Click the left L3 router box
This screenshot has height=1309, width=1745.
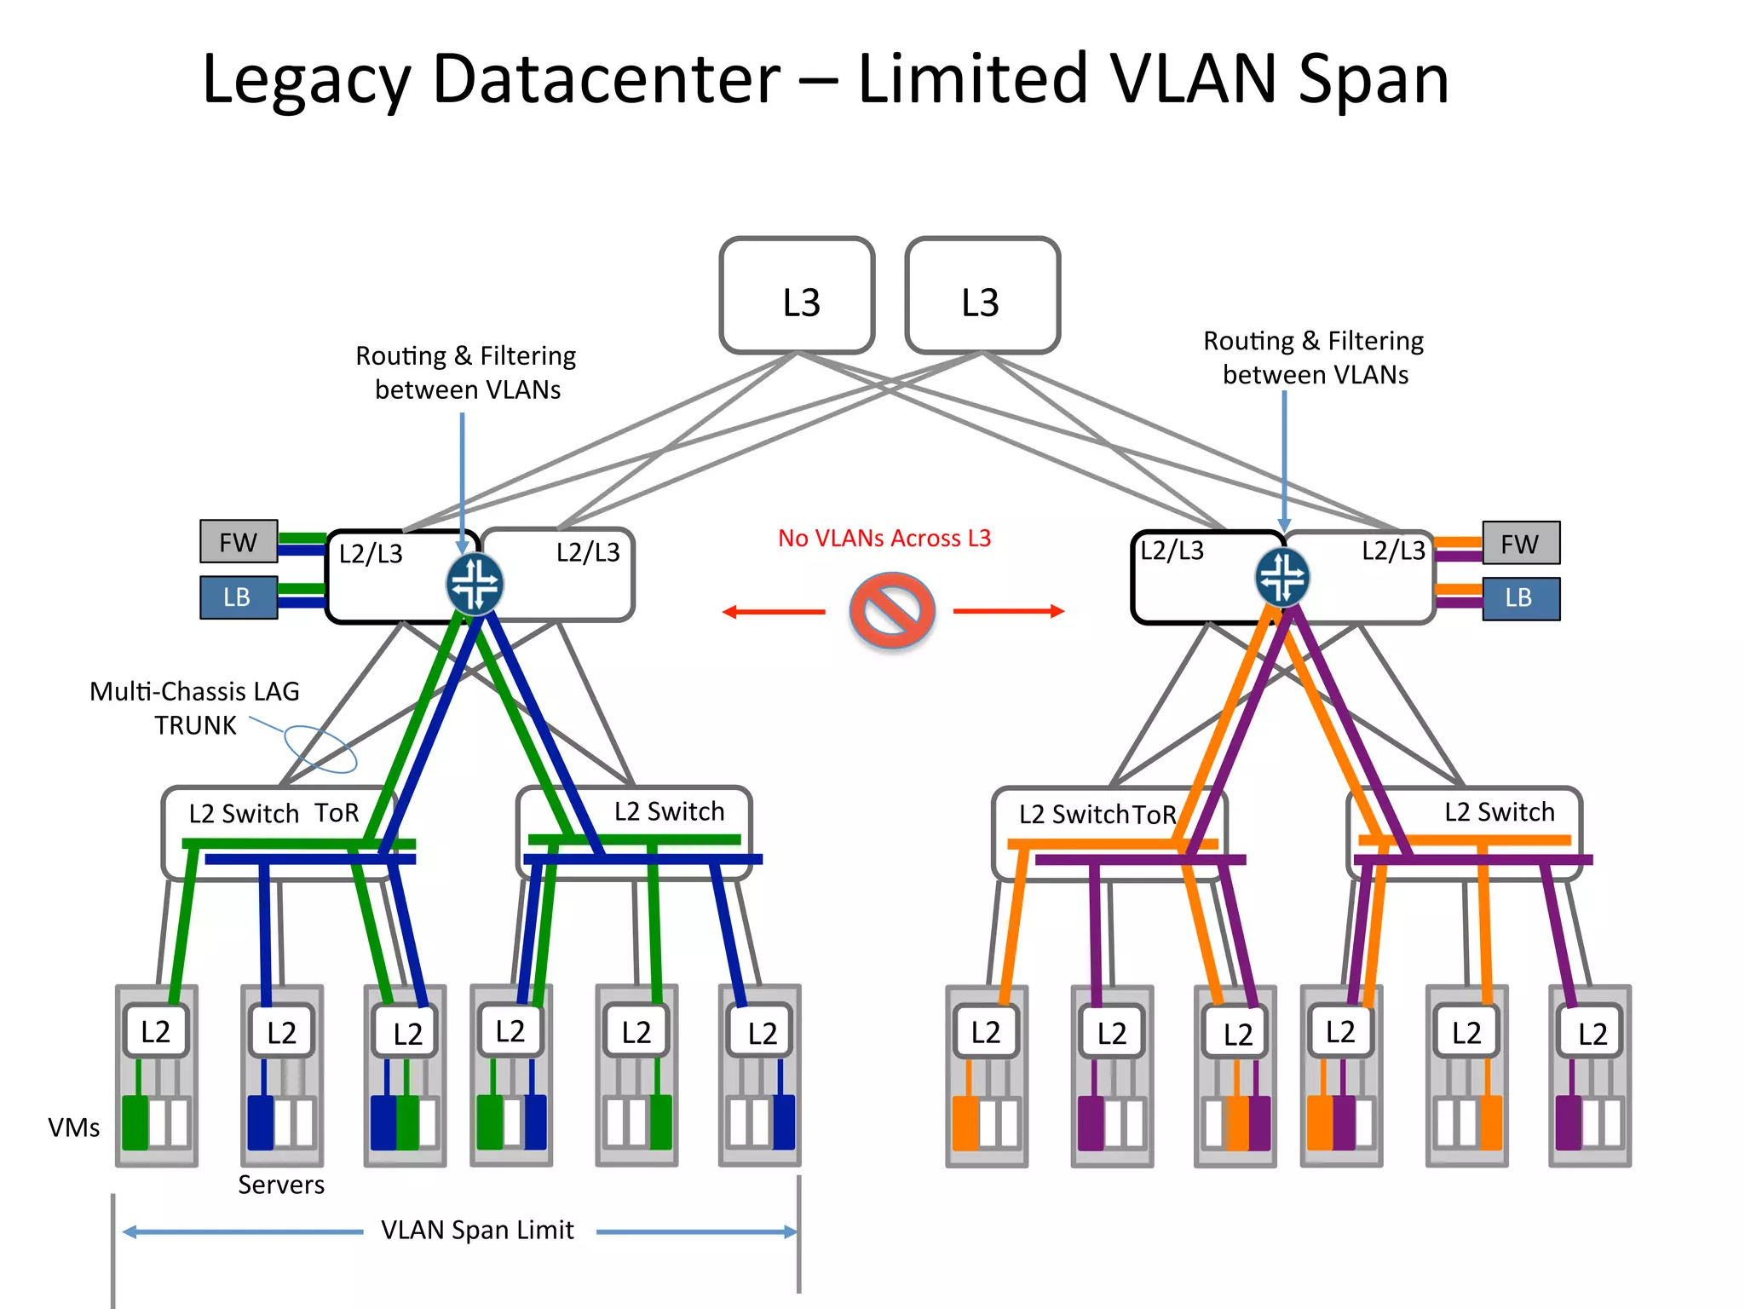[x=797, y=296]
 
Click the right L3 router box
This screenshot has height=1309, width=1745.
[x=982, y=296]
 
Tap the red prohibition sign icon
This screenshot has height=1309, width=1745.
[x=891, y=610]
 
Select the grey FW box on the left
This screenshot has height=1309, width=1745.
[x=239, y=542]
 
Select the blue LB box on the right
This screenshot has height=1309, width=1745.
[x=1521, y=598]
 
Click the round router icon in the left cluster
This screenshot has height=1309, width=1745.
[x=475, y=585]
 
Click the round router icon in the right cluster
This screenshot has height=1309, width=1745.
[x=1282, y=578]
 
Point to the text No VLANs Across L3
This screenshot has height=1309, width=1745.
[x=884, y=539]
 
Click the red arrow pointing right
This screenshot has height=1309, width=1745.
[x=1009, y=611]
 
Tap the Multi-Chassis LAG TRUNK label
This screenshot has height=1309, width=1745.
[x=194, y=708]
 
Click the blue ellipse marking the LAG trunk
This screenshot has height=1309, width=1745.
[x=320, y=749]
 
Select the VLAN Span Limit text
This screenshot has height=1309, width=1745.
[x=477, y=1230]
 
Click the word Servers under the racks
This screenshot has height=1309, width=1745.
[x=281, y=1185]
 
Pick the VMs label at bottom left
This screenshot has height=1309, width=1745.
[x=73, y=1127]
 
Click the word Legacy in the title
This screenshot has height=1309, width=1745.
[x=307, y=79]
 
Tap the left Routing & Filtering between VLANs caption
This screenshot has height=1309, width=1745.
[x=466, y=372]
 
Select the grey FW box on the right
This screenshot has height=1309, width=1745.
[x=1521, y=544]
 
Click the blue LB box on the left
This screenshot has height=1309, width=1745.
[x=239, y=597]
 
